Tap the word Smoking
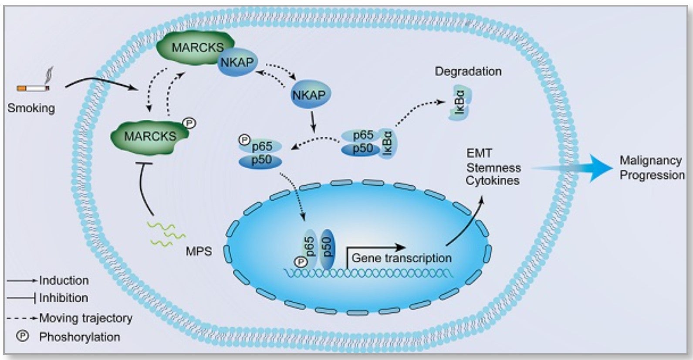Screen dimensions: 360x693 point(31,108)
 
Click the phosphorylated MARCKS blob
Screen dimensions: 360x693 point(149,136)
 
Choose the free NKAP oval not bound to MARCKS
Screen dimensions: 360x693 point(309,95)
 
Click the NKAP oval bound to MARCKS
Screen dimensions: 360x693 point(237,63)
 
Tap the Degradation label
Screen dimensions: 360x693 point(468,71)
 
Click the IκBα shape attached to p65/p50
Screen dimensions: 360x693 point(388,143)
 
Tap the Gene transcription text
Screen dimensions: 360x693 point(401,258)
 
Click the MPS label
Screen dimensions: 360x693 point(199,251)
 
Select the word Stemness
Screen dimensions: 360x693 point(494,168)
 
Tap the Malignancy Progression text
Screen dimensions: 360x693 point(652,168)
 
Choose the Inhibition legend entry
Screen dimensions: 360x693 point(63,298)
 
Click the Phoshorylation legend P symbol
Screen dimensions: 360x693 point(22,336)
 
